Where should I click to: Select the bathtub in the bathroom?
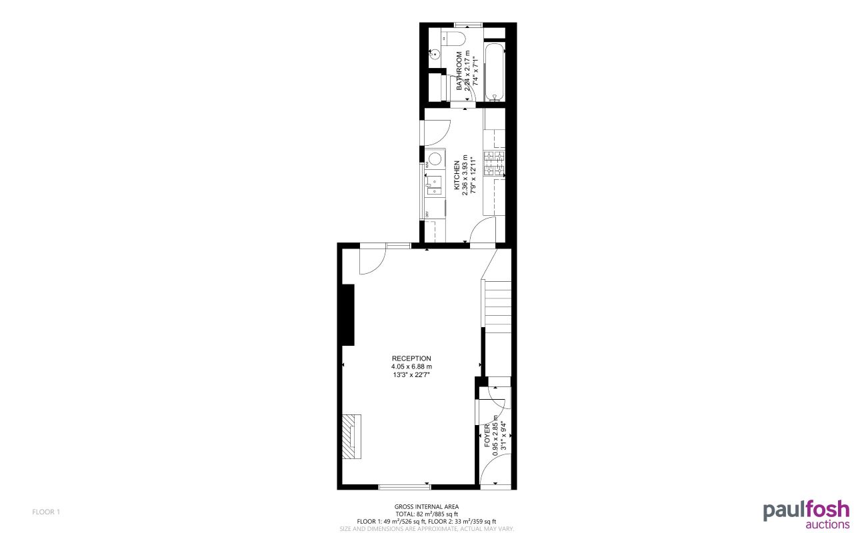495,72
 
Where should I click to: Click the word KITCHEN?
457,176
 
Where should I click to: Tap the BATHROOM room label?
459,71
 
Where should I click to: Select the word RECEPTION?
411,358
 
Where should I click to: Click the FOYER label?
487,434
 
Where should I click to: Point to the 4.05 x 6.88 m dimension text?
411,366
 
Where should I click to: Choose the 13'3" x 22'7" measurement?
411,375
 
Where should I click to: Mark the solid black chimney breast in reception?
347,314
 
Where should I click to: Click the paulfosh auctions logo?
806,515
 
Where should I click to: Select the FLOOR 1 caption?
46,512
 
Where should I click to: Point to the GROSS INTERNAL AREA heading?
426,506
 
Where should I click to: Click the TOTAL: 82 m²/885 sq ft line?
427,514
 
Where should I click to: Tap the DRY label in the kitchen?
426,213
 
